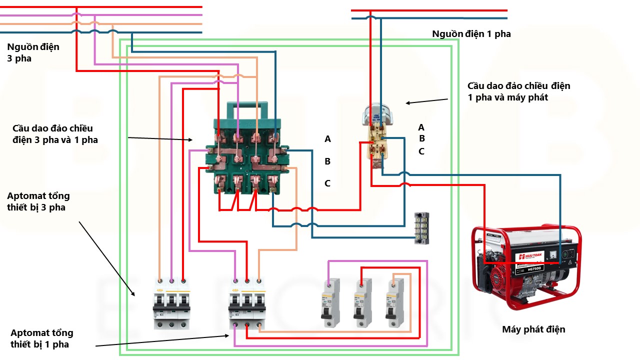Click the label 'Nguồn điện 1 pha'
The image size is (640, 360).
coord(471,34)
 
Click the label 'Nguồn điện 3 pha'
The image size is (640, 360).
coord(33,52)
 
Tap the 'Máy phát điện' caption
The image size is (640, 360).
coord(533,329)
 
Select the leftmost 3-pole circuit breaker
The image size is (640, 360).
coord(171,304)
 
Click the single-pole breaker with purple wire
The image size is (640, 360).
coord(329,303)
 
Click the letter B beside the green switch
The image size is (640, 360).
coord(327,161)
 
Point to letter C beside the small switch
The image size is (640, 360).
coord(421,151)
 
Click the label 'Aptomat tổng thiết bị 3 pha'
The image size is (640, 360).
coord(38,201)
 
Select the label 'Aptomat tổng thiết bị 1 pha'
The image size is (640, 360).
coord(42,338)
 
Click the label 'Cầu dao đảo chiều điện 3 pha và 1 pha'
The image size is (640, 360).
coord(55,134)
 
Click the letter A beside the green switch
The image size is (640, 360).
coord(327,139)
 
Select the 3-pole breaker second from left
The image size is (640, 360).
coord(247,304)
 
